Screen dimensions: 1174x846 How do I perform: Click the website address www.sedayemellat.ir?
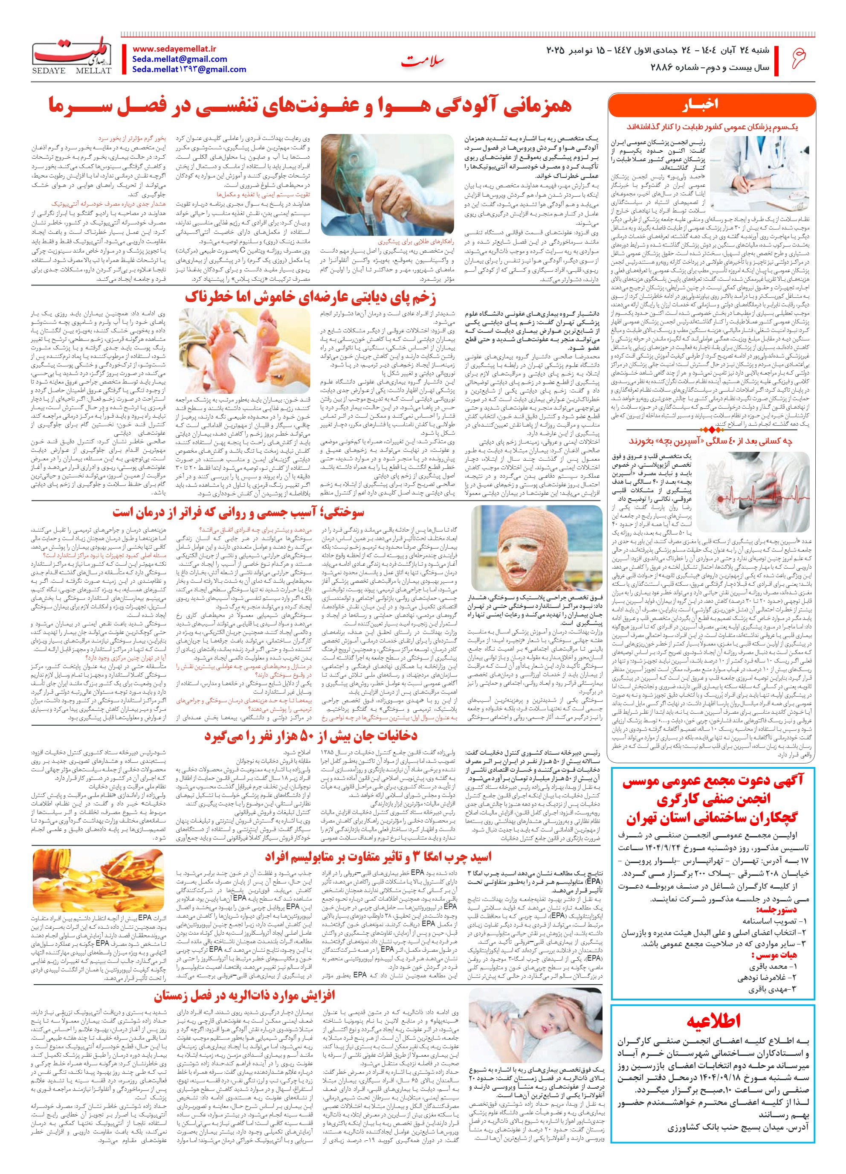pyautogui.click(x=174, y=49)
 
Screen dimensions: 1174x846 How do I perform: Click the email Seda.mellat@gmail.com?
pyautogui.click(x=180, y=59)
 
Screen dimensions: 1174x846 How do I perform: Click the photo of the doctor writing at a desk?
pyautogui.click(x=759, y=173)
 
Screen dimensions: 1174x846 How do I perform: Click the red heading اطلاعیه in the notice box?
pyautogui.click(x=713, y=1021)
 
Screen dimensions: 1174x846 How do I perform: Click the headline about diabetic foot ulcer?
pyautogui.click(x=310, y=298)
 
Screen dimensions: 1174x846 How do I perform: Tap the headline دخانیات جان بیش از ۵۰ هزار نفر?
pyautogui.click(x=310, y=735)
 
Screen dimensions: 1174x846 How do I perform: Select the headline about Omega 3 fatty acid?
pyautogui.click(x=378, y=857)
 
